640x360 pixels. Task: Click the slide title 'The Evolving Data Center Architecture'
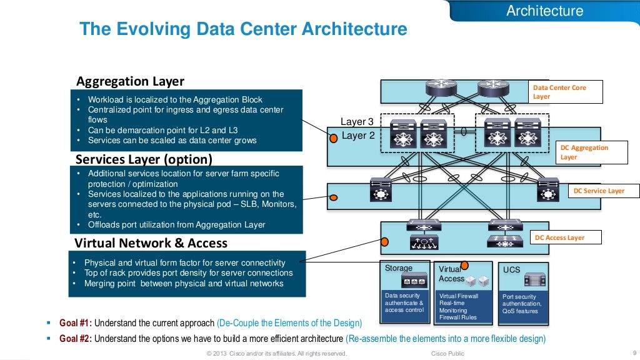[243, 29]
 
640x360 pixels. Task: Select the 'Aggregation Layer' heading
[130, 81]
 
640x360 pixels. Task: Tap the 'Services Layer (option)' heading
[144, 159]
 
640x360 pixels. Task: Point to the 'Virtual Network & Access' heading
[151, 243]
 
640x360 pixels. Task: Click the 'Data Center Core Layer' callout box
[566, 92]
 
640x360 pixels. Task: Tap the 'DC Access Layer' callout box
[566, 237]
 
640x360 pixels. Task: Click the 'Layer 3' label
[357, 122]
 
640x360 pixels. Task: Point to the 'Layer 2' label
[357, 135]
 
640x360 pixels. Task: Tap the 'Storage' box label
[399, 268]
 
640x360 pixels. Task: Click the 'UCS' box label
[511, 269]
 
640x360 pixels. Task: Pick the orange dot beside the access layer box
[384, 242]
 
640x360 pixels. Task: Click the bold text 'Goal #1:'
[76, 323]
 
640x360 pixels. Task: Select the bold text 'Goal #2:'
[76, 339]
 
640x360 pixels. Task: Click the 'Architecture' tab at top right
[544, 11]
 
